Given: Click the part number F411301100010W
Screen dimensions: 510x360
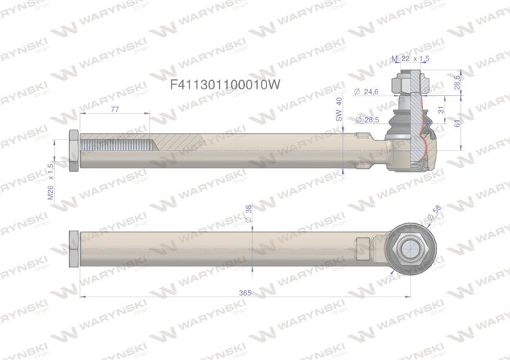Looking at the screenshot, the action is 225,85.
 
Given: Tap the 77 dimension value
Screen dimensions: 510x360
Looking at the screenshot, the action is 115,109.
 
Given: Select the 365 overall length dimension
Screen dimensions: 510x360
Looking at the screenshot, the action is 245,293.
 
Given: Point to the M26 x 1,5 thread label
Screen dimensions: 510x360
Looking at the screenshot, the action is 50,181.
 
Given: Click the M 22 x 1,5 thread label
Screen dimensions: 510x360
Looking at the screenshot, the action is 411,58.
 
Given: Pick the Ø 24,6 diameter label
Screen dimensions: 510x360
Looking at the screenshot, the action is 366,92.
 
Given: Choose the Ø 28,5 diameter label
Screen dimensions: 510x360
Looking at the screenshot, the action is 367,120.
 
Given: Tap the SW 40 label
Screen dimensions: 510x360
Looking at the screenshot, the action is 339,109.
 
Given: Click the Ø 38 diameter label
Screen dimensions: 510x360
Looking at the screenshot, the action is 249,214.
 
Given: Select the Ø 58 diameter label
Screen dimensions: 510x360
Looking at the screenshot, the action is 434,214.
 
